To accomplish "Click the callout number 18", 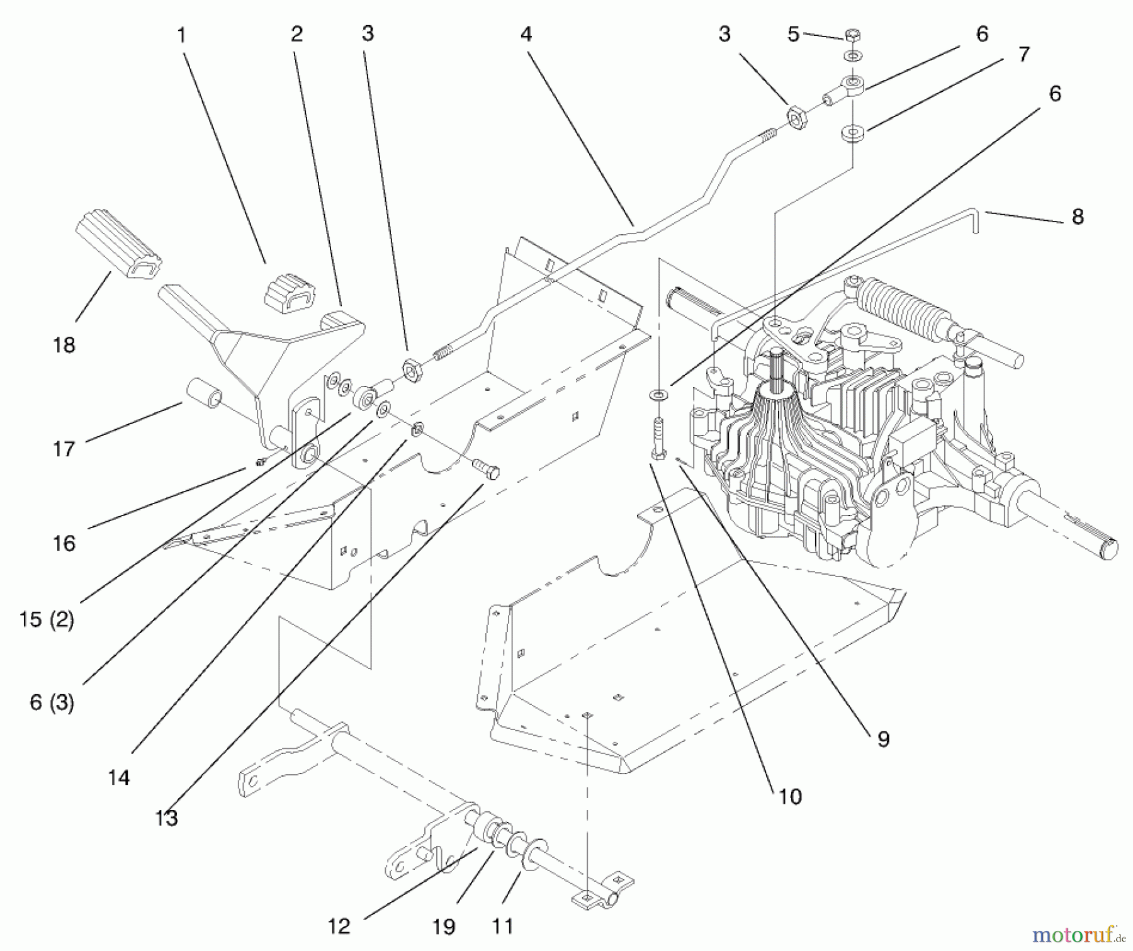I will pyautogui.click(x=64, y=345).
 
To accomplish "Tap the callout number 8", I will pyautogui.click(x=1078, y=217).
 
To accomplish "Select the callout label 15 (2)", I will pyautogui.click(x=47, y=619).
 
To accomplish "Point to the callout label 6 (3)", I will pyautogui.click(x=52, y=702).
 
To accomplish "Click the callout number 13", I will pyautogui.click(x=167, y=818).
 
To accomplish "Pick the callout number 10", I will pyautogui.click(x=790, y=796).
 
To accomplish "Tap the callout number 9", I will pyautogui.click(x=883, y=739).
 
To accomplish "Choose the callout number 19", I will pyautogui.click(x=444, y=926).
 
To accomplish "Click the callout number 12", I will pyautogui.click(x=339, y=926).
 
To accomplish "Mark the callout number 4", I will pyautogui.click(x=526, y=33).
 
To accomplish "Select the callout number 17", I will pyautogui.click(x=64, y=449).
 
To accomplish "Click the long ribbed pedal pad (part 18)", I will pyautogui.click(x=118, y=243).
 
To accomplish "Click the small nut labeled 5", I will pyautogui.click(x=853, y=35).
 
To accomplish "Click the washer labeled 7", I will pyautogui.click(x=853, y=133).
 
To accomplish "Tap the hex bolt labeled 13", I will pyautogui.click(x=485, y=468).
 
